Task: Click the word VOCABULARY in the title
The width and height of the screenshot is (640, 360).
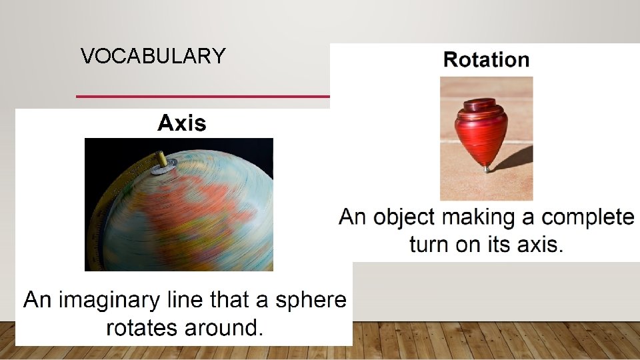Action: pos(153,56)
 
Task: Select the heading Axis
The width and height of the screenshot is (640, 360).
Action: pos(181,123)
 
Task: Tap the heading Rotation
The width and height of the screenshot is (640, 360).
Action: pos(486,60)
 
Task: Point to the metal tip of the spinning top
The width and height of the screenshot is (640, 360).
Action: pos(486,169)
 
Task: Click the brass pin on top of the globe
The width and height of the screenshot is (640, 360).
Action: pos(161,160)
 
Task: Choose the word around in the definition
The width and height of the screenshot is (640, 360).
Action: pos(223,328)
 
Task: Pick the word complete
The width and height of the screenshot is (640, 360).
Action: pos(588,217)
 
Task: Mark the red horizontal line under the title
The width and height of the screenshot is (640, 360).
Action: pos(200,97)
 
